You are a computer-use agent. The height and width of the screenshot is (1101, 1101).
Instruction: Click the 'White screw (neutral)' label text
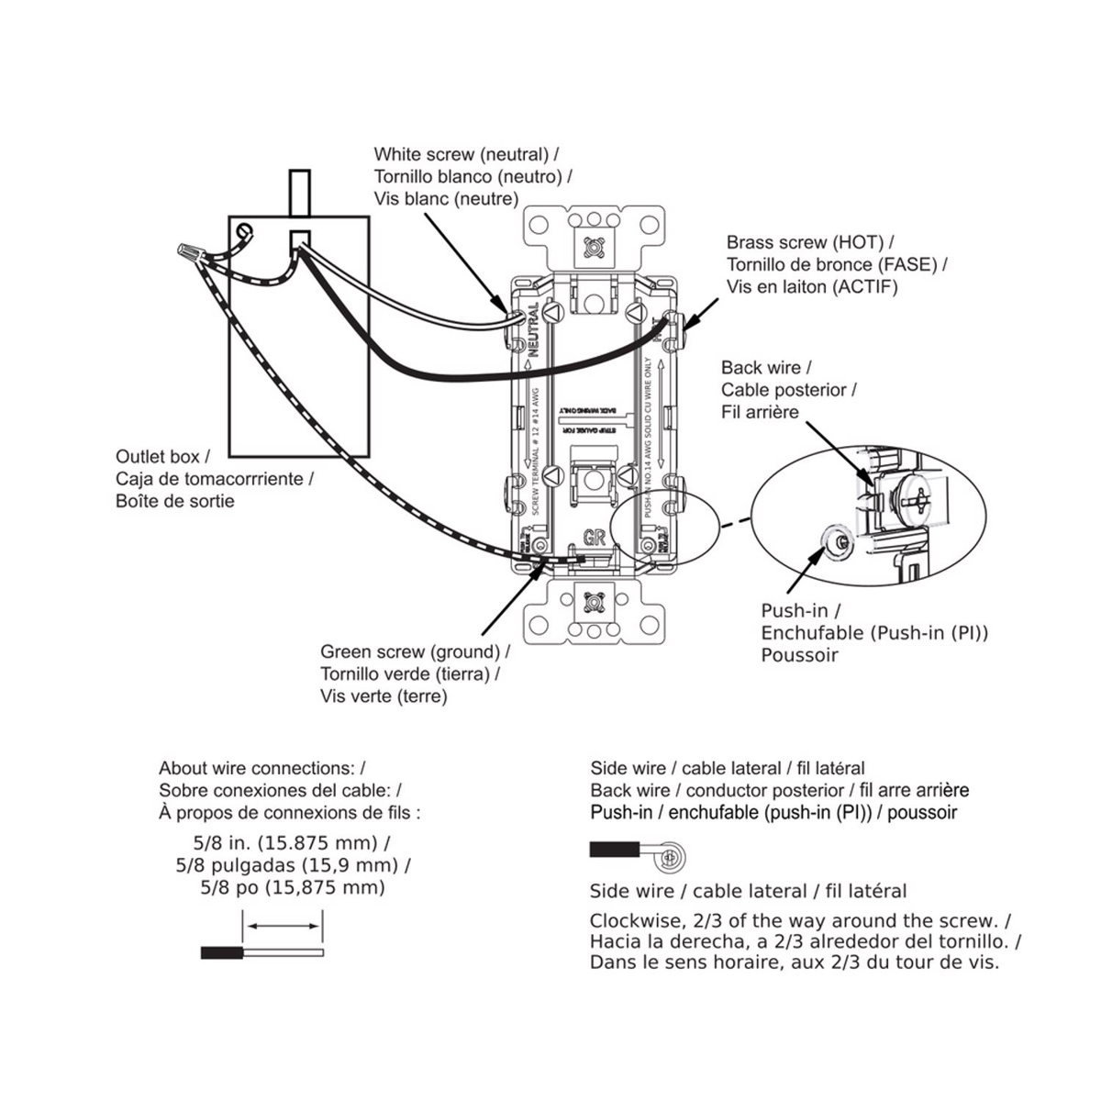[461, 155]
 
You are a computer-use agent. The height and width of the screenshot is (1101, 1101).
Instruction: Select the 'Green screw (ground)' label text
[411, 652]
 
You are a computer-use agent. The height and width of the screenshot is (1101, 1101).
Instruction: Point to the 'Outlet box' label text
[161, 456]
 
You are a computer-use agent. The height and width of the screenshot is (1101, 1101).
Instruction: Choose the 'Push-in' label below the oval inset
[800, 611]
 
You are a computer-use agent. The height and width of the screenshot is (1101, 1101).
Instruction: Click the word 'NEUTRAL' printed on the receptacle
[534, 331]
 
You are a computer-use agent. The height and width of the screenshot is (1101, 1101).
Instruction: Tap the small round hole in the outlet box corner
[244, 230]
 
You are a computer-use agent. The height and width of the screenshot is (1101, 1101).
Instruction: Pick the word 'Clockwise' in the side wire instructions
[630, 920]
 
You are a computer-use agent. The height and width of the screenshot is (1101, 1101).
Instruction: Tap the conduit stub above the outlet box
[299, 193]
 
